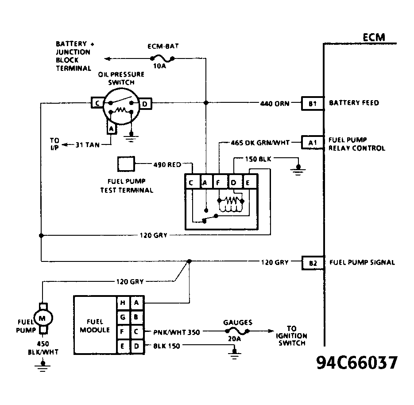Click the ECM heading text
point(373,37)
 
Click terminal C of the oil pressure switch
point(97,104)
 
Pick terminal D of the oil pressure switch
point(146,104)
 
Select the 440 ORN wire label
point(275,104)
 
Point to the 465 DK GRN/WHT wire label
point(260,143)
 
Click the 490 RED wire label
point(167,165)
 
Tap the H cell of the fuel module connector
point(123,303)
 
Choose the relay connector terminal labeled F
point(218,182)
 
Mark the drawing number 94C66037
point(357,362)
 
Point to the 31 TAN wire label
point(87,144)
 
